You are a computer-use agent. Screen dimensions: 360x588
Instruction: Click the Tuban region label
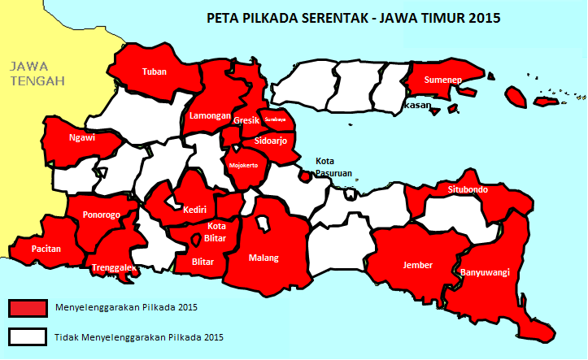tap(154, 72)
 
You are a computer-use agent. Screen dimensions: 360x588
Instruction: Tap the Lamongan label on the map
tap(210, 115)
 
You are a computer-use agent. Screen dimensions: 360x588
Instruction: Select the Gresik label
tap(246, 120)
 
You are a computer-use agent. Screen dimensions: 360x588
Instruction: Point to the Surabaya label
tap(275, 119)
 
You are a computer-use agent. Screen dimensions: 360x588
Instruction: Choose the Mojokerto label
tap(244, 165)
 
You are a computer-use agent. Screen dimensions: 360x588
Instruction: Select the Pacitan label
tap(46, 249)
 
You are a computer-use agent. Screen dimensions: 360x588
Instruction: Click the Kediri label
tap(194, 210)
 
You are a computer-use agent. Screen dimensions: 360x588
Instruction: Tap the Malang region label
tap(264, 258)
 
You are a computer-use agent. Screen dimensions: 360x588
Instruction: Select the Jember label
tap(417, 265)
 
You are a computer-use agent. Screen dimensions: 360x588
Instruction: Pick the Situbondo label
tap(468, 190)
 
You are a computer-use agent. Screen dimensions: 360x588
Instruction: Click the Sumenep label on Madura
tap(443, 80)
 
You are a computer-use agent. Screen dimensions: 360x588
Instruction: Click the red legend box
tap(28, 307)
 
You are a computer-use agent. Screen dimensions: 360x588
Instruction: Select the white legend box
tap(28, 336)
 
